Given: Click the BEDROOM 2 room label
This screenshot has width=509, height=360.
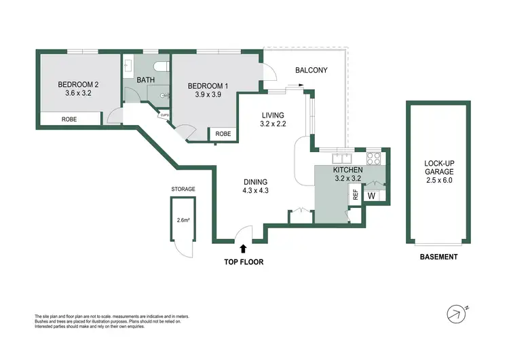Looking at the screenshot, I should (77, 84).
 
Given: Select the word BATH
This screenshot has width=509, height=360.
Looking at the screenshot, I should (146, 80).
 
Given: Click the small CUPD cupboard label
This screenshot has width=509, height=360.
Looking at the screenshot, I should (164, 115).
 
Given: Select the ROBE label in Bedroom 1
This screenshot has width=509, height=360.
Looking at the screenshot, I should (223, 134).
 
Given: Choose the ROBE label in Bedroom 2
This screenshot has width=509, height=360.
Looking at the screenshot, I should (69, 118).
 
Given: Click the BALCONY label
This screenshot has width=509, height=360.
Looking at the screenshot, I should (312, 70).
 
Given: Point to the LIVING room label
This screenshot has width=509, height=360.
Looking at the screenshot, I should (271, 115).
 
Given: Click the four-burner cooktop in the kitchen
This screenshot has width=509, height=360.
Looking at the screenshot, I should (374, 158).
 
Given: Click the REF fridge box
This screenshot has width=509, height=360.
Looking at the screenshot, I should (354, 194).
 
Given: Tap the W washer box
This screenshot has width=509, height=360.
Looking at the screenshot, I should (371, 196).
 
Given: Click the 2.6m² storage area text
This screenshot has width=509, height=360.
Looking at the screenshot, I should (183, 219).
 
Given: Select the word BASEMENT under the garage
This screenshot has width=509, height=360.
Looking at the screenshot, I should (438, 257).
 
